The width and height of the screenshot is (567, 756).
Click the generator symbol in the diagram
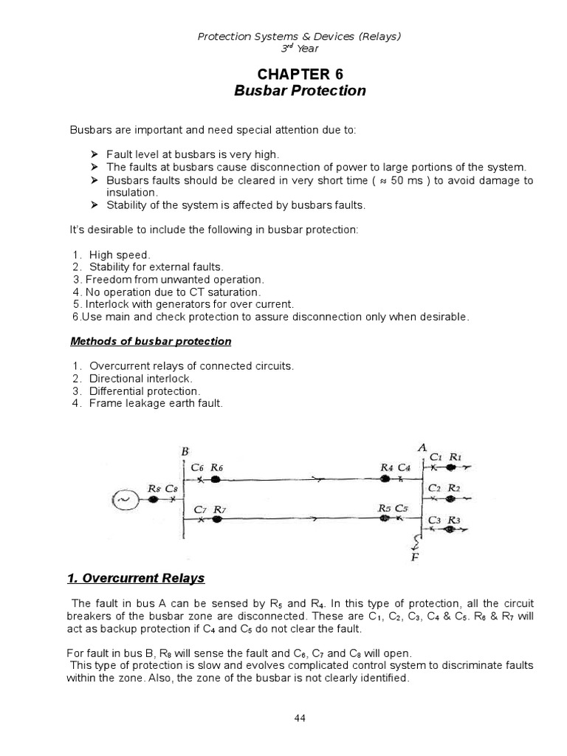123,501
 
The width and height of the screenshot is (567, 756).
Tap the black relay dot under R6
216,479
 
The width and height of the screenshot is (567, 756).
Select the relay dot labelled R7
217,520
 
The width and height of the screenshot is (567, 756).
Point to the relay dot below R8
154,500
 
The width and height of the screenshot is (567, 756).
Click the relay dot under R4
385,479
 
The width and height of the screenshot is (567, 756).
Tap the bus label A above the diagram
422,447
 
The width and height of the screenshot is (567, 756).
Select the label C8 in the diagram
171,488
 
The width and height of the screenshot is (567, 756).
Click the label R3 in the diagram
454,520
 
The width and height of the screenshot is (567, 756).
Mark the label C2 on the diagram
436,488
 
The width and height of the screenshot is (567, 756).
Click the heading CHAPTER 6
289,74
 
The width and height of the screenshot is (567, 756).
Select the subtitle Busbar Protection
289,91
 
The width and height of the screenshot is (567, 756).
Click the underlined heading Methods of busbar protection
151,341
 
